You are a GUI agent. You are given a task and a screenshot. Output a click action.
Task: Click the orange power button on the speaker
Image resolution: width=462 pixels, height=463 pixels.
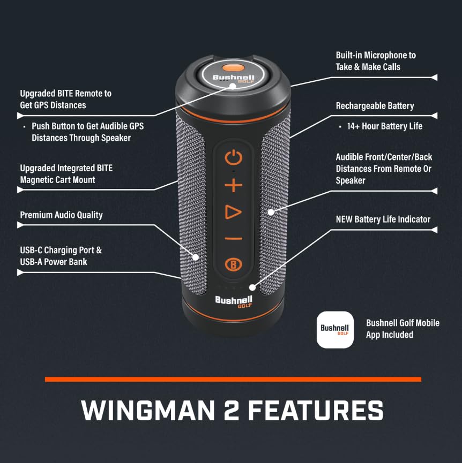click(x=234, y=157)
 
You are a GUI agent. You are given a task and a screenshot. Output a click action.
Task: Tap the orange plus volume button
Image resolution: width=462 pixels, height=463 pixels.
click(x=234, y=185)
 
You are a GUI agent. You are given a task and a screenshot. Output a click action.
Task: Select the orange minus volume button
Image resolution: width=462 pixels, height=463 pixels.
click(x=234, y=238)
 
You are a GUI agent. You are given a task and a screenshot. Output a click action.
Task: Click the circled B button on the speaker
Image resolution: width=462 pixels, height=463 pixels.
click(x=234, y=264)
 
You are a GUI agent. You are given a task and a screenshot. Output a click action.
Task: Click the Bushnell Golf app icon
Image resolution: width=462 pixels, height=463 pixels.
click(x=335, y=330)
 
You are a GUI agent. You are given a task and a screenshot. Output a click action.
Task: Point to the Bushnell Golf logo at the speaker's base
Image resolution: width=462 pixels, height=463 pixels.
click(x=234, y=302)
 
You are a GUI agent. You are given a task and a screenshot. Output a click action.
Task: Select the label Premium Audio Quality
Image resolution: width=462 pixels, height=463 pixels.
click(x=61, y=215)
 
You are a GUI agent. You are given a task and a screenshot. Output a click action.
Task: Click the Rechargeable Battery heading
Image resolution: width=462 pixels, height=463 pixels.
click(x=375, y=105)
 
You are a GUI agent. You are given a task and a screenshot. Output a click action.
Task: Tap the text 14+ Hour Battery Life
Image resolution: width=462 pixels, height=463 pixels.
click(x=385, y=126)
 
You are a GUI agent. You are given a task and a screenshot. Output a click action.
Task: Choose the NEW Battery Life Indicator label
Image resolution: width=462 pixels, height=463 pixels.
click(x=383, y=219)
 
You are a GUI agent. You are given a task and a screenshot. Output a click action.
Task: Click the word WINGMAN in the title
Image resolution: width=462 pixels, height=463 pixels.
click(x=148, y=411)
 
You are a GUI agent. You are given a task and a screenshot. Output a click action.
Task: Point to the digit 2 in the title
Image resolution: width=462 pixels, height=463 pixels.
click(x=231, y=410)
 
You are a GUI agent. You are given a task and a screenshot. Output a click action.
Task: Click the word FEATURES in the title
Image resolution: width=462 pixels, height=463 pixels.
click(x=315, y=411)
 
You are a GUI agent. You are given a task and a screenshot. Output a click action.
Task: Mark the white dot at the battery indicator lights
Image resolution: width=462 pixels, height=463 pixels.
click(x=252, y=287)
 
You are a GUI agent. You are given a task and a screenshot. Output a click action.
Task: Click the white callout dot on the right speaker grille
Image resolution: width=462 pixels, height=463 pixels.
click(x=271, y=212)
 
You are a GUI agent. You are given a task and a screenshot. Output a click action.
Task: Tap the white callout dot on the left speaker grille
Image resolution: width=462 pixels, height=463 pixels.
click(x=196, y=257)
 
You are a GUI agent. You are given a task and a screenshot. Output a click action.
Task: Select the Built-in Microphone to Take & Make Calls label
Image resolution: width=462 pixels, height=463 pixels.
click(x=376, y=61)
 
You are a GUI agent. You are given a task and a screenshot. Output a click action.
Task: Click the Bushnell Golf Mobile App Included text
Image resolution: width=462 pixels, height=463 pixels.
click(x=403, y=329)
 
